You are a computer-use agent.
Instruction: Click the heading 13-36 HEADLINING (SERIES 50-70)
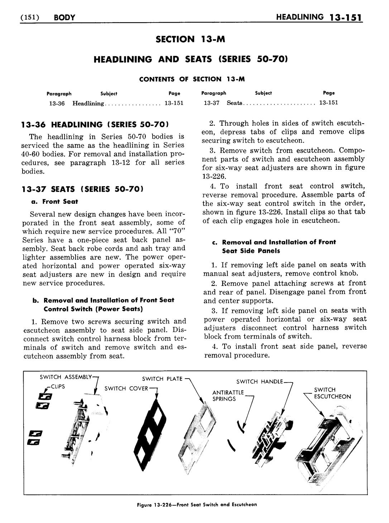coord(95,125)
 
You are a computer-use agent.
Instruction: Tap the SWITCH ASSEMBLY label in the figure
coord(66,377)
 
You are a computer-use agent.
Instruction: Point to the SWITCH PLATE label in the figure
coord(162,379)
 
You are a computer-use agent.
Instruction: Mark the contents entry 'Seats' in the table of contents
coord(235,103)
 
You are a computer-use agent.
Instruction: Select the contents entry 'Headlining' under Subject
coord(88,103)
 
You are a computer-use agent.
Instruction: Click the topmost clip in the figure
coord(47,396)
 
